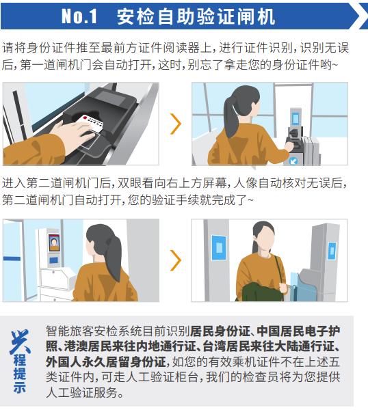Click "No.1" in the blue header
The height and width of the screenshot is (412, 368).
tap(79, 16)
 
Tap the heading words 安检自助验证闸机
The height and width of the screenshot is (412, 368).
tap(196, 16)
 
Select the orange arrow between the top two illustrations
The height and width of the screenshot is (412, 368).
tap(176, 124)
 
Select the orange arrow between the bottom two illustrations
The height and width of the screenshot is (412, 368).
tap(176, 260)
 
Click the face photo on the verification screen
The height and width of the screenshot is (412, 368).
tap(54, 243)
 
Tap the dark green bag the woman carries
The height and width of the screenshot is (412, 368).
tap(261, 292)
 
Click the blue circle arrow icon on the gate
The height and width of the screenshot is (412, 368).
tap(293, 161)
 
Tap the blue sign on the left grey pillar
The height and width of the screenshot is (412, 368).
tap(219, 248)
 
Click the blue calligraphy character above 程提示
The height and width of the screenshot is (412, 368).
tap(20, 342)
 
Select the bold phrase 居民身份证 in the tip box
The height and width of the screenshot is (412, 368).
tap(220, 331)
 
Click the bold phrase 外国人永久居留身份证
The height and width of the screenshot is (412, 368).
tap(106, 362)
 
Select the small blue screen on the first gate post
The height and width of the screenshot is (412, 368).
tap(295, 118)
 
